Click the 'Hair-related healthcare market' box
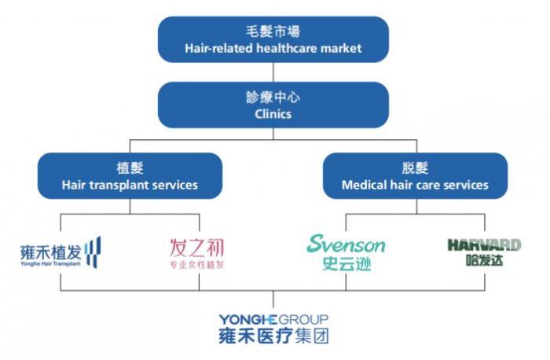(273, 39)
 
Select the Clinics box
(273, 105)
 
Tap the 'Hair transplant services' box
(130, 176)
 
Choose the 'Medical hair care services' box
(415, 176)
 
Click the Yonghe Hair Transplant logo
(60, 252)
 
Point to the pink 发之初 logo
(196, 254)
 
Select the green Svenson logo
(346, 252)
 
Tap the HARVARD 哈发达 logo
(485, 252)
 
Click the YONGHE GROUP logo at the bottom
(273, 329)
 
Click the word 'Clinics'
(273, 114)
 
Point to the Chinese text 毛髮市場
(273, 31)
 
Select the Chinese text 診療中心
(273, 97)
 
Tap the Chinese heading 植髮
(130, 168)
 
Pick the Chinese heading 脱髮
(415, 168)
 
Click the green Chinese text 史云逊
(346, 264)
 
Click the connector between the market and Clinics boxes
(273, 72)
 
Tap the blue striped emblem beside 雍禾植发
(93, 252)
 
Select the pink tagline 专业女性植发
(196, 265)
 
